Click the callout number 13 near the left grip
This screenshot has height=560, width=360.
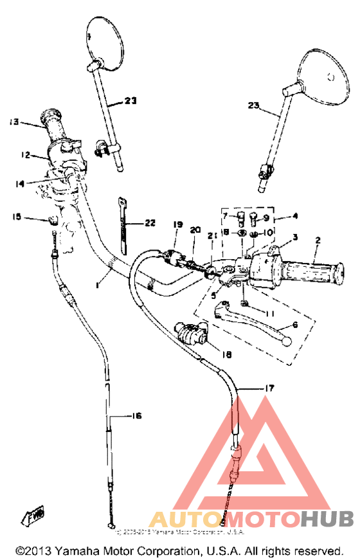coord(14,121)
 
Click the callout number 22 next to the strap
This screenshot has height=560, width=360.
coord(149,222)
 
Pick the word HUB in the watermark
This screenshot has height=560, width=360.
coord(326,518)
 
